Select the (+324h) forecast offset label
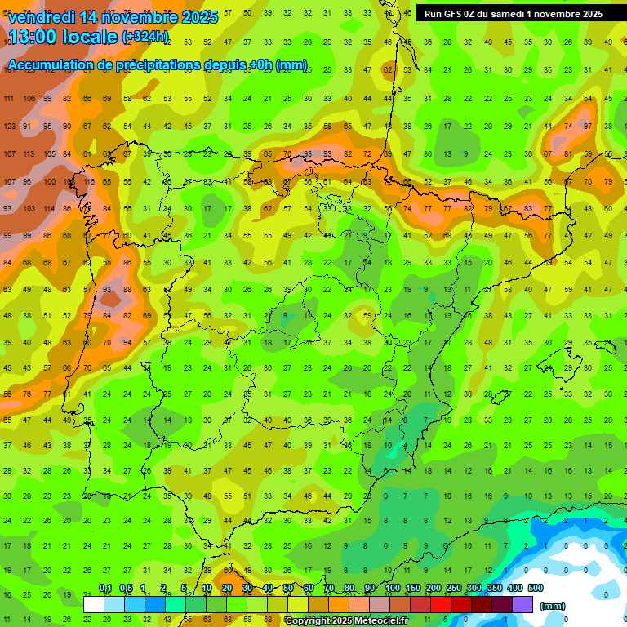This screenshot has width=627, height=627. tap(145, 37)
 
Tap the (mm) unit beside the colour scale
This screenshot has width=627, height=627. tap(553, 606)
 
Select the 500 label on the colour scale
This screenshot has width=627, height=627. tap(535, 589)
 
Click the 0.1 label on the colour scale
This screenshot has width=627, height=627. tap(104, 589)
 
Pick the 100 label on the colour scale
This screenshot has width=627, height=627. tap(392, 589)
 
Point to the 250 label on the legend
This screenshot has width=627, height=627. tap(453, 589)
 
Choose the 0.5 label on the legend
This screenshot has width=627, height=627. tap(125, 589)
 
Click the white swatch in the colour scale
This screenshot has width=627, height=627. tap(94, 604)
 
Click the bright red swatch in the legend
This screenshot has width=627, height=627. tap(441, 604)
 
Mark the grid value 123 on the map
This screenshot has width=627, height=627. tap(10, 127)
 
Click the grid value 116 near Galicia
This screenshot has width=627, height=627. tap(88, 182)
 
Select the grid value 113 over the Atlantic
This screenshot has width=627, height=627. tap(29, 154)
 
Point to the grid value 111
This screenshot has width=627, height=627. tap(10, 99)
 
